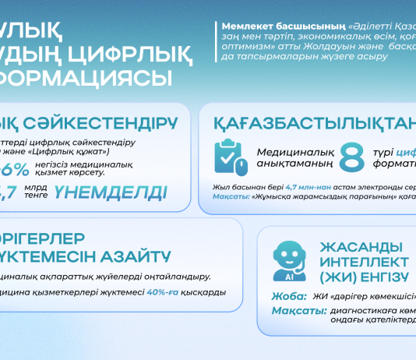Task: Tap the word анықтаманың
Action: click(x=293, y=164)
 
